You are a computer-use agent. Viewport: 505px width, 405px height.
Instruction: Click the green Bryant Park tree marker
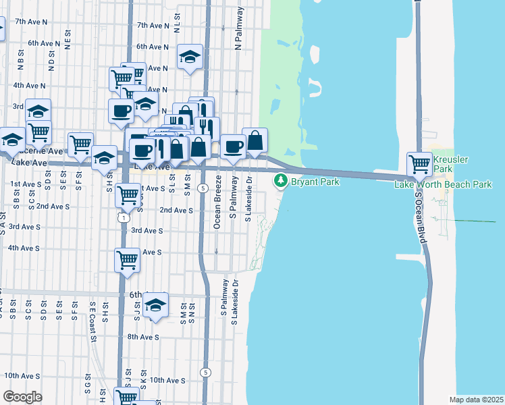(281, 181)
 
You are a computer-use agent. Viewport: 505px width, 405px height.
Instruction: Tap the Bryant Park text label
(314, 182)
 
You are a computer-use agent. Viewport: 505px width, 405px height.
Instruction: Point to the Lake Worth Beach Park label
(443, 184)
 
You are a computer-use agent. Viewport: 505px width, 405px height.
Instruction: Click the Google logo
(22, 397)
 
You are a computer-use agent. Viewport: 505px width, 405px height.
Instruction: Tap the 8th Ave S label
(142, 337)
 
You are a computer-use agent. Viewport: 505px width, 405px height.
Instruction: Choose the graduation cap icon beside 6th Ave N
(190, 57)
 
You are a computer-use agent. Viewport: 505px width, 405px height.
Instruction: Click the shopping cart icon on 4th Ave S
(128, 259)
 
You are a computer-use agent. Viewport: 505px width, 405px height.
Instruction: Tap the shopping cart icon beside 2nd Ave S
(128, 196)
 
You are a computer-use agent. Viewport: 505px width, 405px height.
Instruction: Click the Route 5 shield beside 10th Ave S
(205, 372)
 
